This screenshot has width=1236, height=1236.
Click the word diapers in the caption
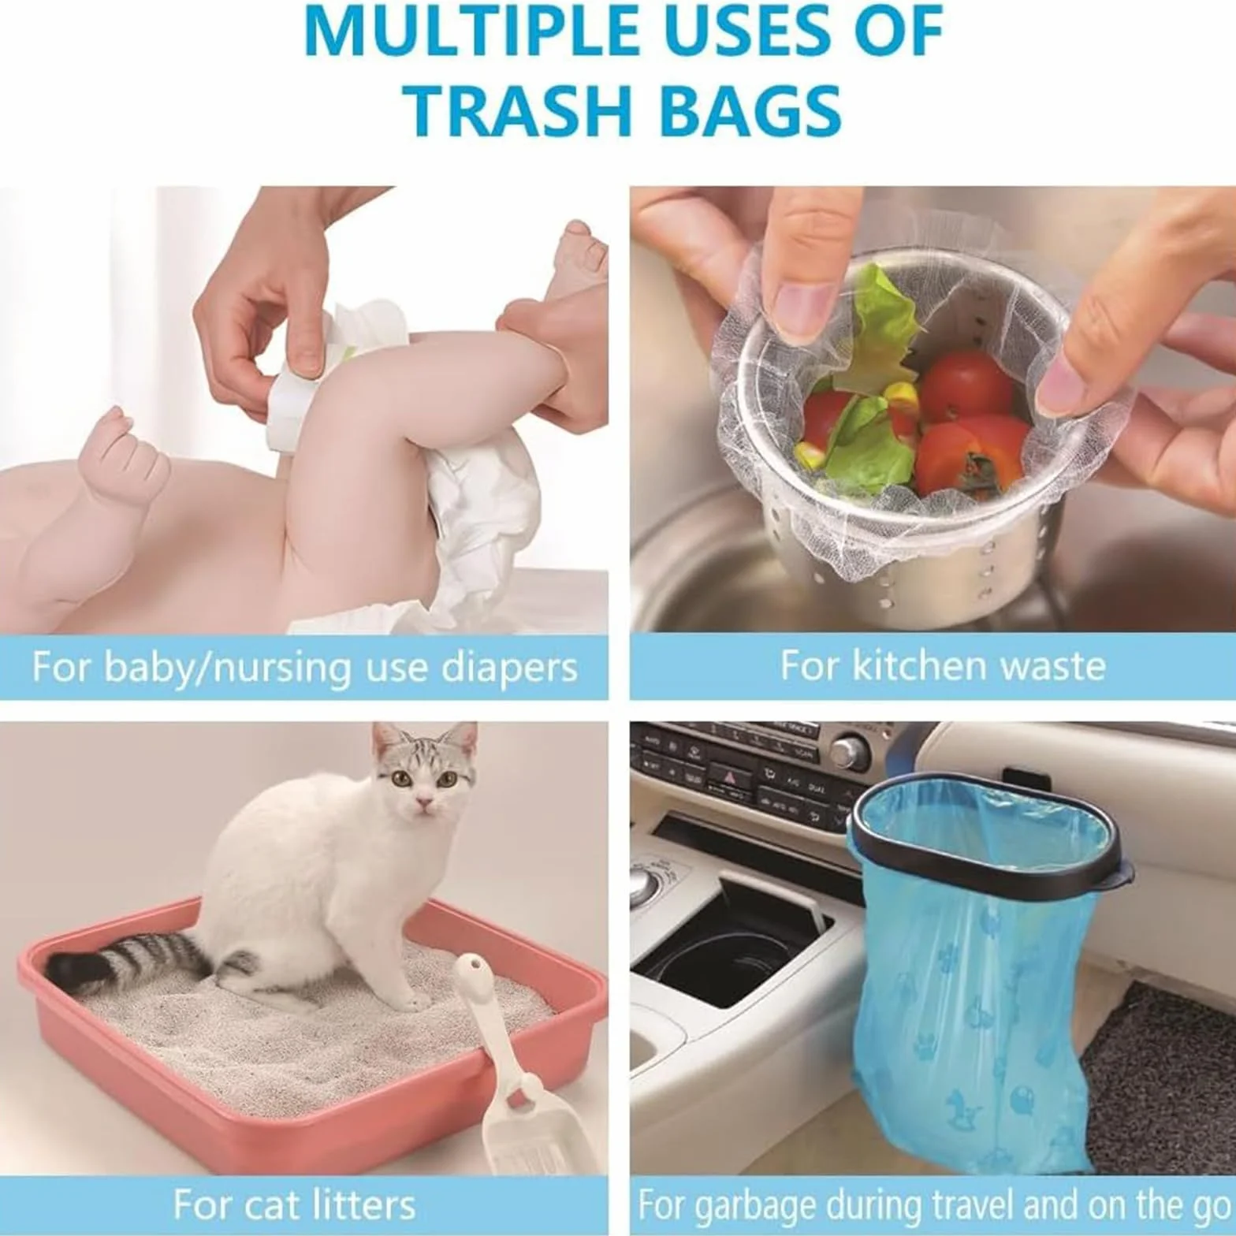pos(509,668)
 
